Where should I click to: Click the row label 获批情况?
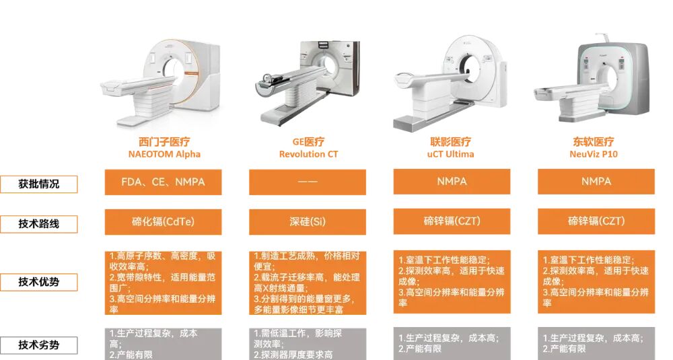click(38, 184)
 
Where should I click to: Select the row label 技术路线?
click(38, 223)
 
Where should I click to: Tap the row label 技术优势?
click(38, 282)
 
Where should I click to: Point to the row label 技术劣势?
click(38, 345)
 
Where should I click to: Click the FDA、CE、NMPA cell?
click(163, 182)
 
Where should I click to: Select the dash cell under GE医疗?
click(308, 182)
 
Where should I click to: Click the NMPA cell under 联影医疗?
click(452, 182)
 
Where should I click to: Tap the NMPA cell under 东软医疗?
click(596, 182)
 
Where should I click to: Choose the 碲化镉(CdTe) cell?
click(163, 222)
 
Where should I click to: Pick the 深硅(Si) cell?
click(308, 222)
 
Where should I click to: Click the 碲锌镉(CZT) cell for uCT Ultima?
click(452, 221)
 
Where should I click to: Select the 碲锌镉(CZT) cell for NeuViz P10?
click(596, 221)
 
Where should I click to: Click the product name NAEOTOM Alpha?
click(164, 154)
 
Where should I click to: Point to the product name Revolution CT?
click(309, 154)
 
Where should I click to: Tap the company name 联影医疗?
click(451, 141)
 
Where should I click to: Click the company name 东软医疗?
click(594, 141)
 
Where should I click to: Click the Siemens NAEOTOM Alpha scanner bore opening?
click(173, 69)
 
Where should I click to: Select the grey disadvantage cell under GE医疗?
click(308, 344)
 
